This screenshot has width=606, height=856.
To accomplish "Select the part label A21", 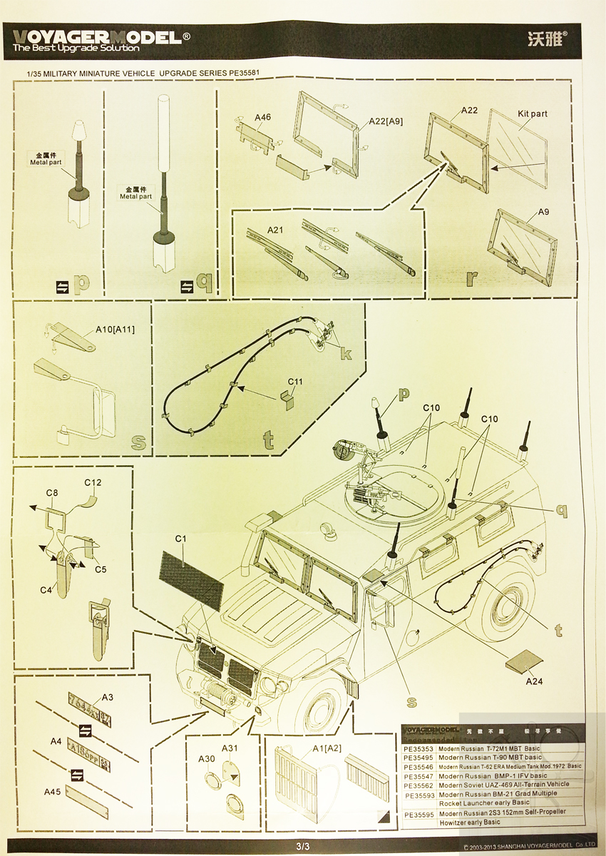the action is [275, 230].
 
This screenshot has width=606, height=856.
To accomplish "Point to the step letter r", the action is [471, 277].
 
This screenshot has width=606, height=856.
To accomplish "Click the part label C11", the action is [295, 382].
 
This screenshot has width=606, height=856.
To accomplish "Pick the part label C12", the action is [93, 482].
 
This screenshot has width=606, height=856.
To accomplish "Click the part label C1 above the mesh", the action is [180, 541].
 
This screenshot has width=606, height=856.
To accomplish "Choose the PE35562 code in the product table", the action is [418, 784].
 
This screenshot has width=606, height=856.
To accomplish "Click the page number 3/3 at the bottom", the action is [303, 847].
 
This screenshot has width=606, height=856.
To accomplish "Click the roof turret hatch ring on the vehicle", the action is [399, 492].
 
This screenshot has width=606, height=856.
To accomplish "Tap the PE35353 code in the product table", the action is [418, 748].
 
